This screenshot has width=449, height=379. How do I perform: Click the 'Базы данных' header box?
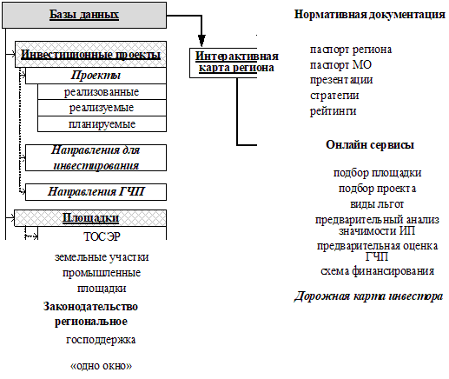point(84,15)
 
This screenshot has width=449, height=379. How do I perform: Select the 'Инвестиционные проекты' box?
point(90,55)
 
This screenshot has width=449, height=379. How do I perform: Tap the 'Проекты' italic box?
point(96,76)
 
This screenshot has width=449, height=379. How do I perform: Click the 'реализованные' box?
point(102,92)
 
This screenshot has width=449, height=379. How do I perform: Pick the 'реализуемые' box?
point(102,108)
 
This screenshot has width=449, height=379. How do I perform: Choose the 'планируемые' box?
point(102,124)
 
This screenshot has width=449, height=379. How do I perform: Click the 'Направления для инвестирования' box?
point(96,158)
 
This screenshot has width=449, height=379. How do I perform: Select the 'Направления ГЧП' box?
point(96,192)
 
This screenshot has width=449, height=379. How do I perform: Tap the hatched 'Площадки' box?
point(90,218)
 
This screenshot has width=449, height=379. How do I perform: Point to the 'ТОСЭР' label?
point(102,236)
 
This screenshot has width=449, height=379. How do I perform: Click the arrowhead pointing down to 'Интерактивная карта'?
point(201,41)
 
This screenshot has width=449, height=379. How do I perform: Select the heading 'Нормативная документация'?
point(370,14)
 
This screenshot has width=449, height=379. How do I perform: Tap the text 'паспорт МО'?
point(340,65)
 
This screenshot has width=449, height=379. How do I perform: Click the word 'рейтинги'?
point(333,111)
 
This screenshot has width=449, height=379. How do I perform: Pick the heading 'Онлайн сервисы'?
point(370,144)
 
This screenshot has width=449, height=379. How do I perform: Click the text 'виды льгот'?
point(377,204)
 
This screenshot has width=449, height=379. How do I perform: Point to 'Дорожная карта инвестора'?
point(368,296)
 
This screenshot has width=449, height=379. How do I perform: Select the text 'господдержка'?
point(101,340)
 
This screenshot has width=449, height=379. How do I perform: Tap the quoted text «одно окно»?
point(101,366)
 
